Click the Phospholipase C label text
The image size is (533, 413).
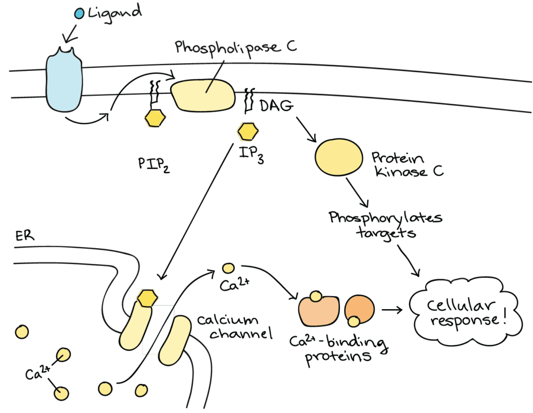[x=235, y=48]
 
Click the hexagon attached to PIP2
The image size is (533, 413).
[x=155, y=118]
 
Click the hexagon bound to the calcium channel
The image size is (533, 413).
[x=147, y=298]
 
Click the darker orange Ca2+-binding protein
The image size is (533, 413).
[x=359, y=310]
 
